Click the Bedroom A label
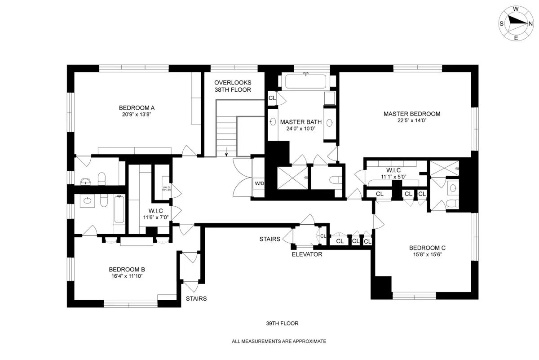137,107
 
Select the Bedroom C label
427,248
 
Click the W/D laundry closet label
259,183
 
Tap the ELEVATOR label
307,254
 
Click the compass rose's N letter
530,23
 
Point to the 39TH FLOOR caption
282,323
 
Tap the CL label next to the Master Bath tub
272,98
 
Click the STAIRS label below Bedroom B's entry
196,298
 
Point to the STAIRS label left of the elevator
269,239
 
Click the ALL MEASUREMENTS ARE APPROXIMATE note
278,342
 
